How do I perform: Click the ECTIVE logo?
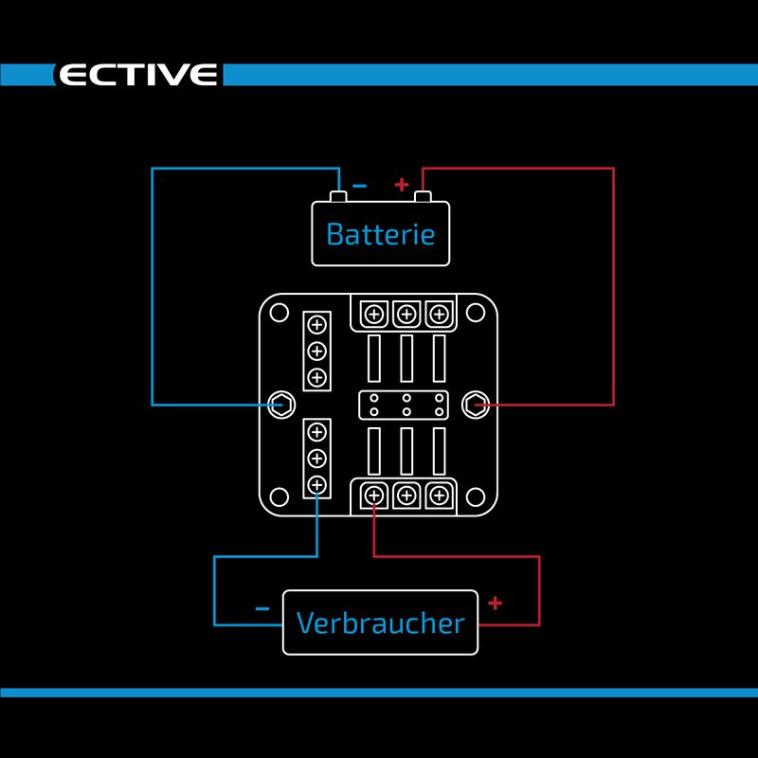pos(138,75)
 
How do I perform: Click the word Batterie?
pos(381,234)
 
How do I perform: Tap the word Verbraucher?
pos(381,623)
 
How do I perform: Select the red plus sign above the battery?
pos(401,184)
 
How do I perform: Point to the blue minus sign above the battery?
pos(359,186)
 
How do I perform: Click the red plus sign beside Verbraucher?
pos(495,602)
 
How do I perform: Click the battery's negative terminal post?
pos(338,197)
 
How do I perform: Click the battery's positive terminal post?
pos(423,197)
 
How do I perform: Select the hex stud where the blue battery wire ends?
pos(280,405)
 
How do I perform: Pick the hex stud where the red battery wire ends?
pos(473,405)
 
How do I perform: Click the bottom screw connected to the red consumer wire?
pos(374,495)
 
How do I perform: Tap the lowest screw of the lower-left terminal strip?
pos(316,485)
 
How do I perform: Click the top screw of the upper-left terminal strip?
pos(316,326)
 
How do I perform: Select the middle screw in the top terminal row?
pos(406,314)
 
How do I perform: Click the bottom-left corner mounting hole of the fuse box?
pos(279,496)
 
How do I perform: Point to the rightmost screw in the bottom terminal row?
pos(437,495)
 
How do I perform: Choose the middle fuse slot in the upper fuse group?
pos(406,358)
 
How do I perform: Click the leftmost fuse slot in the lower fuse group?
pos(374,451)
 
